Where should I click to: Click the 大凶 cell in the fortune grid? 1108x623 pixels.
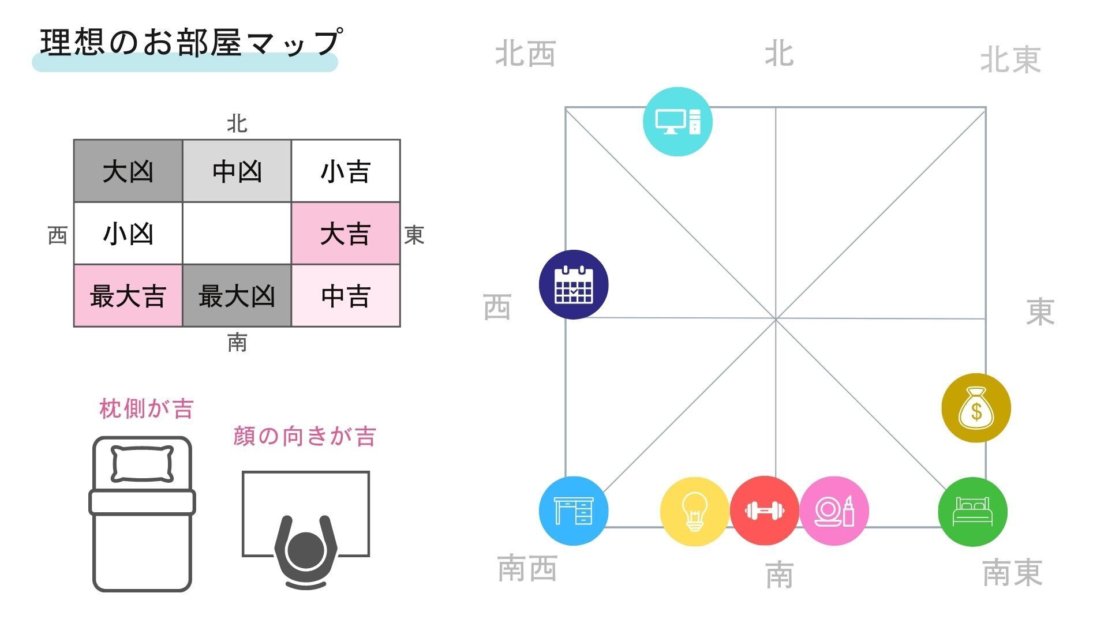[x=128, y=171]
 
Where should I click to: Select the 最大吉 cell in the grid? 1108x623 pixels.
[x=128, y=296]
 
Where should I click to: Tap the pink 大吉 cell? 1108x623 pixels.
[x=345, y=234]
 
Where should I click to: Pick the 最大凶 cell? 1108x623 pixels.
[x=237, y=296]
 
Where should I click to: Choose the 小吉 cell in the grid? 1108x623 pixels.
[x=345, y=171]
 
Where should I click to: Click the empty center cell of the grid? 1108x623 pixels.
[x=237, y=234]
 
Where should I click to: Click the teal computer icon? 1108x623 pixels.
[x=677, y=122]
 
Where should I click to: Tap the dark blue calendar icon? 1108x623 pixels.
[x=574, y=284]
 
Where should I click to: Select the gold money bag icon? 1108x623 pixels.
[x=976, y=408]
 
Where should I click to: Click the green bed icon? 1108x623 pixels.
[x=973, y=512]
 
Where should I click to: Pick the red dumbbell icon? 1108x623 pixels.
[x=765, y=511]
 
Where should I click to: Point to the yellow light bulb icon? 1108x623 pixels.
[x=695, y=512]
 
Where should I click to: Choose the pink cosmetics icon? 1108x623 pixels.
[x=834, y=511]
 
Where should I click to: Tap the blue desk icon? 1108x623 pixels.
[x=574, y=511]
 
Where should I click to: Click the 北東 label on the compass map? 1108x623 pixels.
[x=1010, y=59]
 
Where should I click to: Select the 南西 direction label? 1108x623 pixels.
[x=527, y=568]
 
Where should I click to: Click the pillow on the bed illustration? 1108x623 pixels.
[x=142, y=463]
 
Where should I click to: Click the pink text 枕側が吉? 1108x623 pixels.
[x=146, y=409]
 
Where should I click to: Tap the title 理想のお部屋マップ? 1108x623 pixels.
[x=190, y=42]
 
